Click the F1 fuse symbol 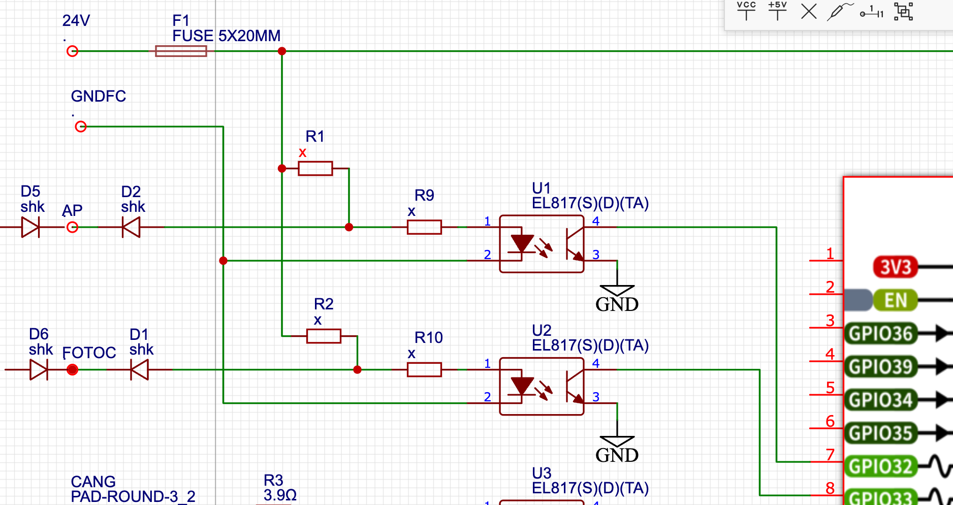[x=181, y=51]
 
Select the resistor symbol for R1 [x=315, y=168]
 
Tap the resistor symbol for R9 [x=424, y=227]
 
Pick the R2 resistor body [x=324, y=336]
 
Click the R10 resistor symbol [x=424, y=369]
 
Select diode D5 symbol [x=30, y=227]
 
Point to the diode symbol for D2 [x=131, y=227]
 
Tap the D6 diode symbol [x=39, y=369]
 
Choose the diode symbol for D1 [x=139, y=369]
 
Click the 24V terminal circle [x=73, y=51]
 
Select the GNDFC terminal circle [x=81, y=127]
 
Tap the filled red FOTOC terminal [x=73, y=369]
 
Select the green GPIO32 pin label [x=881, y=466]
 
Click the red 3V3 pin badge [x=896, y=267]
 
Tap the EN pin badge [x=896, y=300]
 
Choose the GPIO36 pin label [x=881, y=334]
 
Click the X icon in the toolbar [x=809, y=11]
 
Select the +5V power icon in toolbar [x=777, y=10]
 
